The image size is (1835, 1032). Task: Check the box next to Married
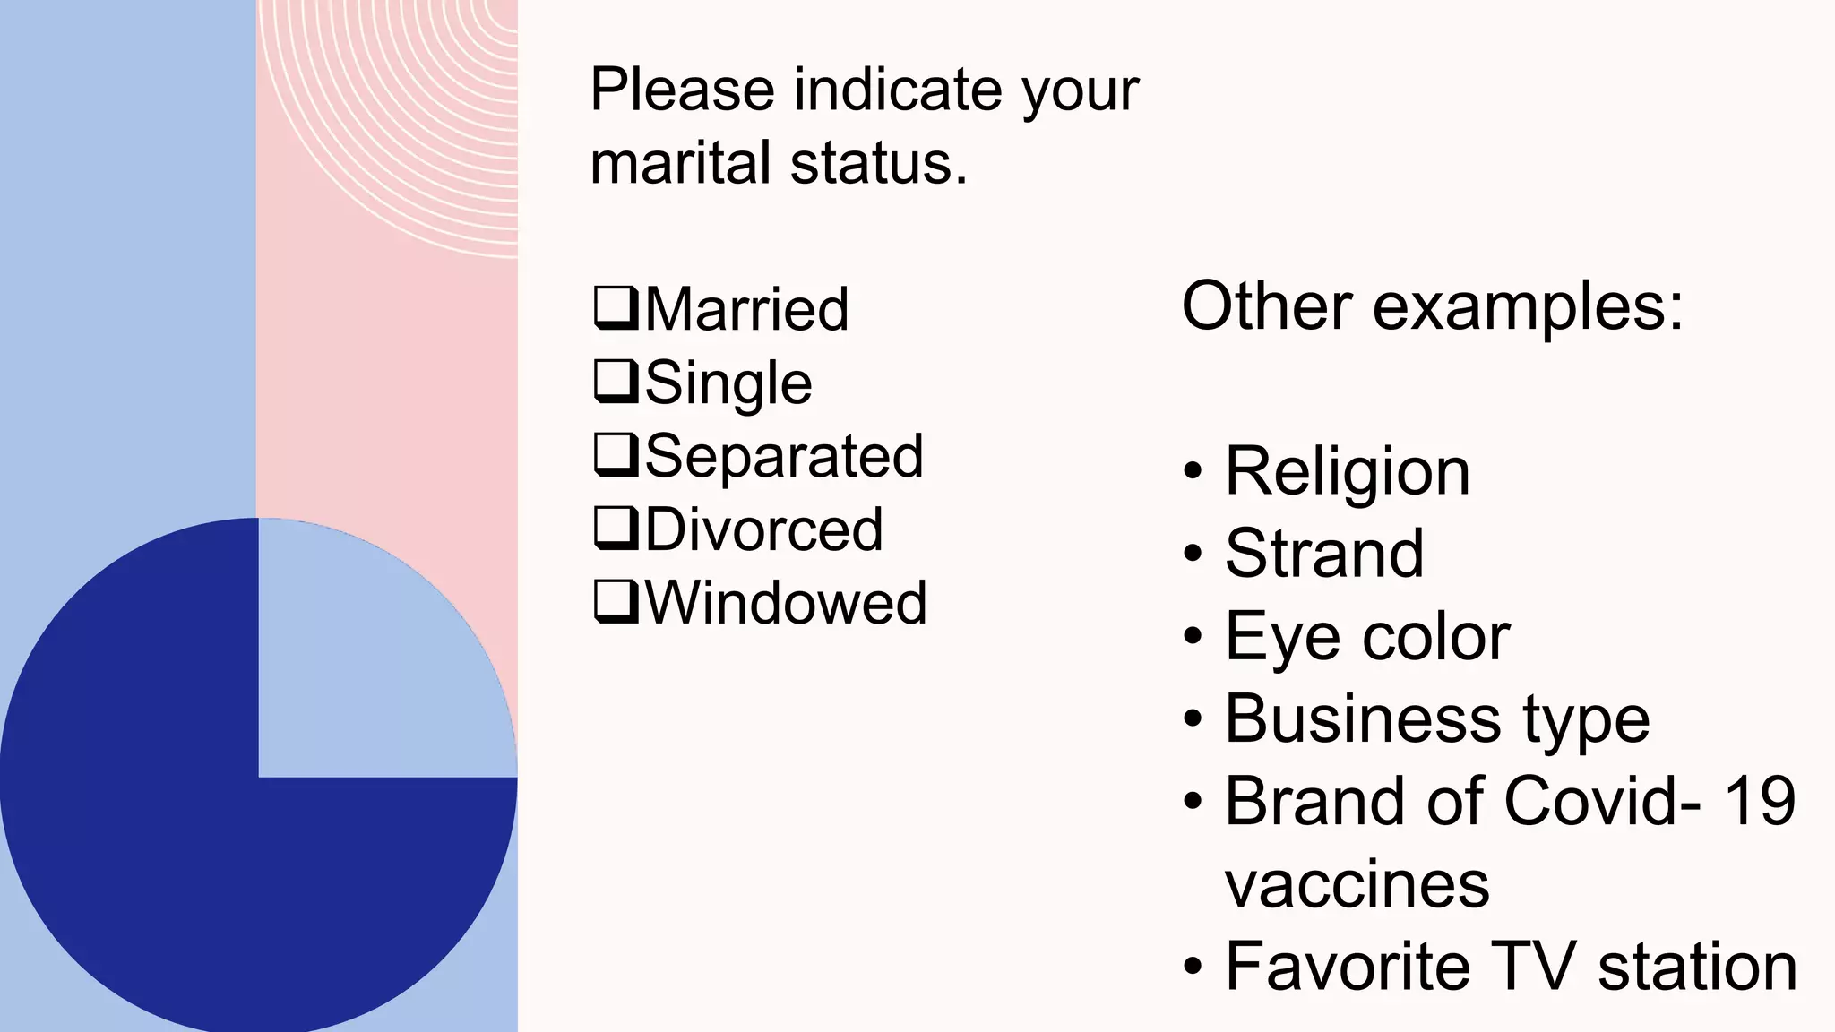pos(616,307)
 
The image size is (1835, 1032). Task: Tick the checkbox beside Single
pos(616,381)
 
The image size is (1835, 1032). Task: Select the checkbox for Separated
pos(616,454)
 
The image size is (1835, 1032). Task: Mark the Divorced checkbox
pos(616,528)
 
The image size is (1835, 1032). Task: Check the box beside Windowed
pos(616,601)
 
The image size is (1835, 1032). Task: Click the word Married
pos(746,309)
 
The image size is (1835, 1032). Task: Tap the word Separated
pos(784,456)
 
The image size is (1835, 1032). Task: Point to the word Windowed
pos(786,603)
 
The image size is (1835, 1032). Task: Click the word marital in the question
pos(680,163)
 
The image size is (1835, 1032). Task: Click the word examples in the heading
pos(1529,306)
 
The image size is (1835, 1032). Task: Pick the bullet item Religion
pos(1348,471)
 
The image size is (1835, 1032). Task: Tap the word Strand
pos(1324,554)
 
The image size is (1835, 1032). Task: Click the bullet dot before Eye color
pos(1193,636)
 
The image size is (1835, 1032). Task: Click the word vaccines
pos(1357,885)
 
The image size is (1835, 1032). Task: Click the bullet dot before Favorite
pos(1193,967)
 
